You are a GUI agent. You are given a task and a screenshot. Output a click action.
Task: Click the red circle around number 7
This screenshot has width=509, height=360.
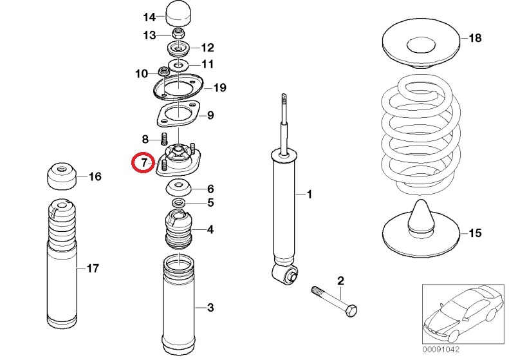click(143, 163)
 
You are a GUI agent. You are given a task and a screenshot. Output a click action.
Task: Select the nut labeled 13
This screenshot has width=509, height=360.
click(178, 33)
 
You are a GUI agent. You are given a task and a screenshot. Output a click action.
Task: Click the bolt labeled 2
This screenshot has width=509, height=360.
click(335, 301)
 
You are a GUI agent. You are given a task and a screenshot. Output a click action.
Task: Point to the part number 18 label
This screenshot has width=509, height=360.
click(474, 38)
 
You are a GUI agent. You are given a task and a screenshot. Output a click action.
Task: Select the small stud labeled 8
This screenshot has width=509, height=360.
click(163, 137)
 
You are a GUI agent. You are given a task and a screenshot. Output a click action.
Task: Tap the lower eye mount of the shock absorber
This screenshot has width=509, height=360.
click(285, 276)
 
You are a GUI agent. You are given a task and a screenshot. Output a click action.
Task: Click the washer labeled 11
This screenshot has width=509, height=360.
click(177, 64)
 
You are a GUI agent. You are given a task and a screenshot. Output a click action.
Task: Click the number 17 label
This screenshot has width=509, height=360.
click(93, 269)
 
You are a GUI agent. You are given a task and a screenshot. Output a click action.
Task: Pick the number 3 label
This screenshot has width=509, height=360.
click(209, 307)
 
